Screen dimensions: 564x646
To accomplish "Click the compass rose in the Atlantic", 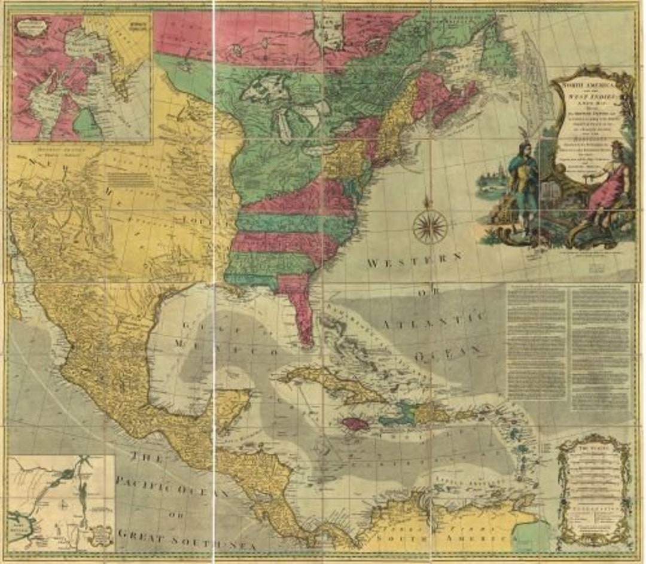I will coord(429,227).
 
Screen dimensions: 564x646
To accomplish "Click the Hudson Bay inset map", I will coord(81,78).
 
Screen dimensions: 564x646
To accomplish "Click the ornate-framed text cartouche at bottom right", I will coord(593,490).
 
